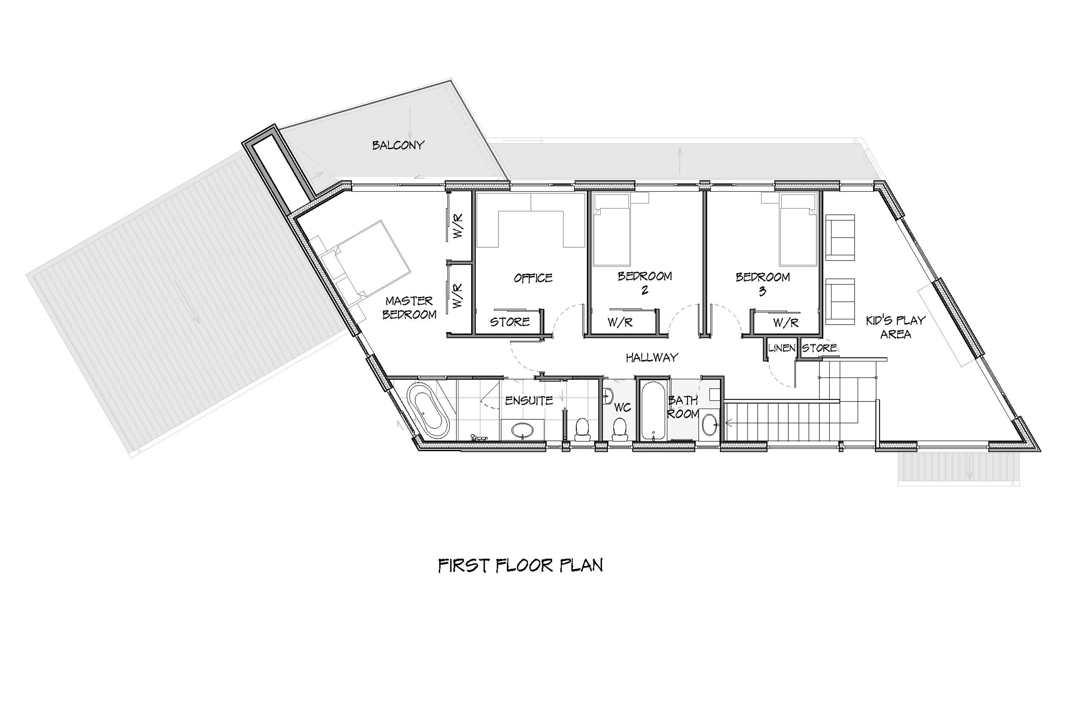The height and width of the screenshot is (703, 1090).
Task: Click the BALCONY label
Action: (x=398, y=145)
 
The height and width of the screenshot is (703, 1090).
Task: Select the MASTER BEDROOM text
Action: (x=409, y=308)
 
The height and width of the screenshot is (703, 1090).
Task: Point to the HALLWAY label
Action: (x=652, y=358)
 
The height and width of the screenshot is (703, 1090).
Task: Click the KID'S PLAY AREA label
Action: (x=895, y=327)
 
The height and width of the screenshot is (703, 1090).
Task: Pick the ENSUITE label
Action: (x=529, y=401)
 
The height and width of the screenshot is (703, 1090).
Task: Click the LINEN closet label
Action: (x=782, y=348)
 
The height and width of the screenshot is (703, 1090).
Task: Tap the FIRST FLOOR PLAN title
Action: (x=520, y=565)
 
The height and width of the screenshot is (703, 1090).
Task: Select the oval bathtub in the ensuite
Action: (x=428, y=412)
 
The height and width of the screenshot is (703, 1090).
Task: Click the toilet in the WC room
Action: (x=619, y=430)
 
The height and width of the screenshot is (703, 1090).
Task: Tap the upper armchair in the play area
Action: (x=840, y=237)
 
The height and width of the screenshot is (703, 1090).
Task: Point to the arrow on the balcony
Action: (x=410, y=122)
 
